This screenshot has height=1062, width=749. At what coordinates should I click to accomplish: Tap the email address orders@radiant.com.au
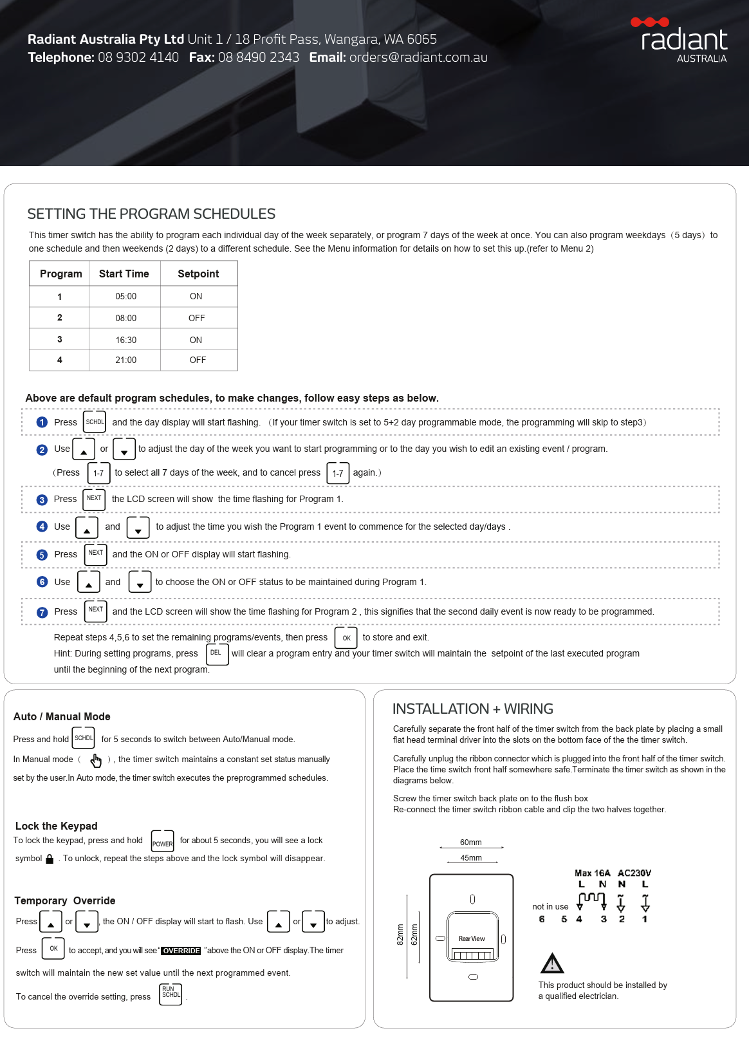(418, 57)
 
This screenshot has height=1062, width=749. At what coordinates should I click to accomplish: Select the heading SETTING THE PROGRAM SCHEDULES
(151, 214)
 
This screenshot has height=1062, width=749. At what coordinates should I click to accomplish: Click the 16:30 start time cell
(125, 340)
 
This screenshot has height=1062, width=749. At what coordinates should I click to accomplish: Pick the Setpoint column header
(198, 274)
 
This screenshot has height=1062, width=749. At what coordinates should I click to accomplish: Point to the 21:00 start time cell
(125, 360)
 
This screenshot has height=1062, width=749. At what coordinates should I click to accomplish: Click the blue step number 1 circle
(42, 422)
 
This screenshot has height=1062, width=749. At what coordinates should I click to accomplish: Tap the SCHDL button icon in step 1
(95, 422)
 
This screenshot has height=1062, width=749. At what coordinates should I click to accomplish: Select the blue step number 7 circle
(42, 612)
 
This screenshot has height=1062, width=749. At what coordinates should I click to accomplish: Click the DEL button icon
(217, 653)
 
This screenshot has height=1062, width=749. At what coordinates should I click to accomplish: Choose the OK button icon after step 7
(346, 638)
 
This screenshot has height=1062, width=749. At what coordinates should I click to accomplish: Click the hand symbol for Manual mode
(96, 760)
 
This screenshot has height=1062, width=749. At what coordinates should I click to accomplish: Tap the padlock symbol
(50, 859)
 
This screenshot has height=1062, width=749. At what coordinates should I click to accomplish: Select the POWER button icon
(162, 841)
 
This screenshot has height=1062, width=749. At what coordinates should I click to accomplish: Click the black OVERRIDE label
(181, 951)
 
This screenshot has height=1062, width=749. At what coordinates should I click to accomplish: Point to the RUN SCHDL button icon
(171, 994)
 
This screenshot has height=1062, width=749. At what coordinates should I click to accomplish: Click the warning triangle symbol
(552, 964)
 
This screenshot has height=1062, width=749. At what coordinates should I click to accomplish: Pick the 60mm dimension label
(471, 843)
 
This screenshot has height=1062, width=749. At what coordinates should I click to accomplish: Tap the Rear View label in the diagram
(472, 938)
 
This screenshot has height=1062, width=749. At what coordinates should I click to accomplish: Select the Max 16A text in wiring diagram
(592, 873)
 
